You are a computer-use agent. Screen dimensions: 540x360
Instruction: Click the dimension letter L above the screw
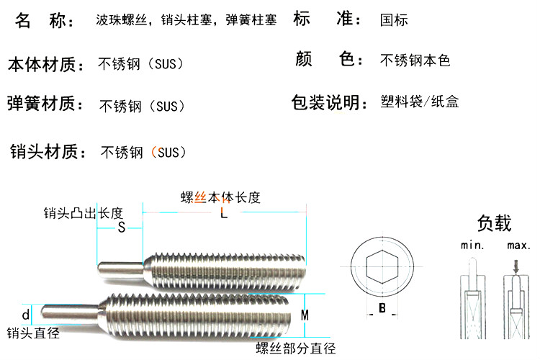(224, 213)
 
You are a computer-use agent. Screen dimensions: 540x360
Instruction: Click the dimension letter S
(121, 228)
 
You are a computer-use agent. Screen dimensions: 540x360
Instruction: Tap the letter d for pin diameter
(26, 315)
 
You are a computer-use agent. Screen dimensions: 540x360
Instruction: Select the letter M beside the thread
(305, 315)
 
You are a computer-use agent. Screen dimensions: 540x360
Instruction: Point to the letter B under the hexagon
(382, 307)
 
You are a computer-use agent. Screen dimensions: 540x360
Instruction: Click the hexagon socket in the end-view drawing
(382, 266)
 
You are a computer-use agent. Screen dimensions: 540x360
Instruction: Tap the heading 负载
(494, 223)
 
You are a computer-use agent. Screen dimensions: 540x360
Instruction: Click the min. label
(472, 246)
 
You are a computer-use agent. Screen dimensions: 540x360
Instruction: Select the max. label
(518, 246)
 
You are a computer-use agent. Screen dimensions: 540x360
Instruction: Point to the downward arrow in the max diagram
(516, 267)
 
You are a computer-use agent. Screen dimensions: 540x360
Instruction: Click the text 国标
(394, 20)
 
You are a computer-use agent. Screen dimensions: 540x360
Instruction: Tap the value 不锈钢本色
(415, 60)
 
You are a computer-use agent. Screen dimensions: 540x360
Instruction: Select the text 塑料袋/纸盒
(420, 102)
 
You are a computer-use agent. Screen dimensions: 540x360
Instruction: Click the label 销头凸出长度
(84, 213)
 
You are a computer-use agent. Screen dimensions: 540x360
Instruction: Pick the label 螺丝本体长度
(220, 197)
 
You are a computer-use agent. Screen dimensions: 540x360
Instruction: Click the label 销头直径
(33, 333)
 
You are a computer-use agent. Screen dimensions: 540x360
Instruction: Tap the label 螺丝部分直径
(296, 348)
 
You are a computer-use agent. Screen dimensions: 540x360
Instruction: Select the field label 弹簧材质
(45, 104)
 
